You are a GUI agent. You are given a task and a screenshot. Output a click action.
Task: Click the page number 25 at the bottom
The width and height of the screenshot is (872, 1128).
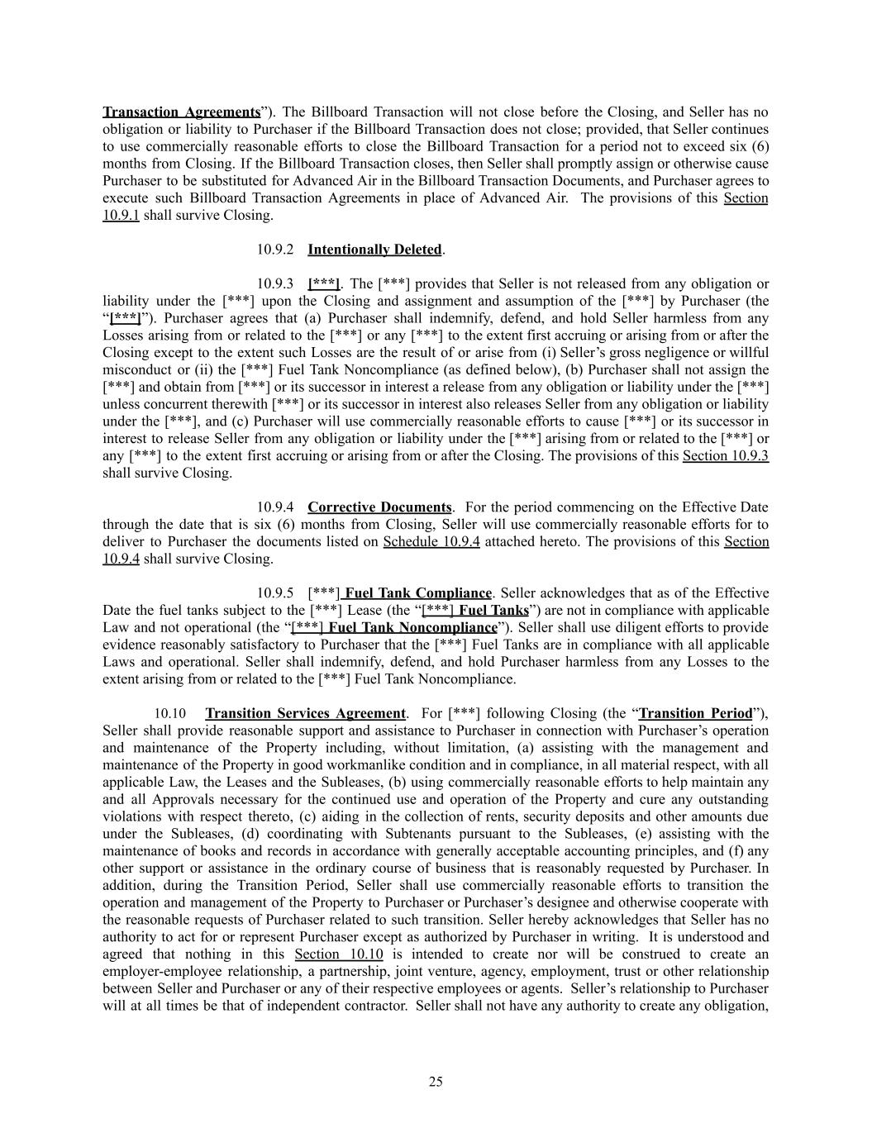(436, 1082)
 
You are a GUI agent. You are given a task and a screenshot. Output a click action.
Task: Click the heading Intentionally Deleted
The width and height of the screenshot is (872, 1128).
(374, 250)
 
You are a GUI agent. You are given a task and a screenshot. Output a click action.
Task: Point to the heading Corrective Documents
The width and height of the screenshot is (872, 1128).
(379, 507)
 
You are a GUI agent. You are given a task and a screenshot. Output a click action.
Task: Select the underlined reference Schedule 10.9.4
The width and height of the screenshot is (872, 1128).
(431, 542)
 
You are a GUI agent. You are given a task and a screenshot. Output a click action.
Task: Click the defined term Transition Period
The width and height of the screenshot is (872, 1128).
(695, 713)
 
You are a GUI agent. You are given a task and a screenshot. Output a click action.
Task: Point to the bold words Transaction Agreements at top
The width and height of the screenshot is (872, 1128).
(181, 112)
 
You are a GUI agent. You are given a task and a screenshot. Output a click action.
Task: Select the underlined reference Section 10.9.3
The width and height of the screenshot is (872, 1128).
(725, 456)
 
